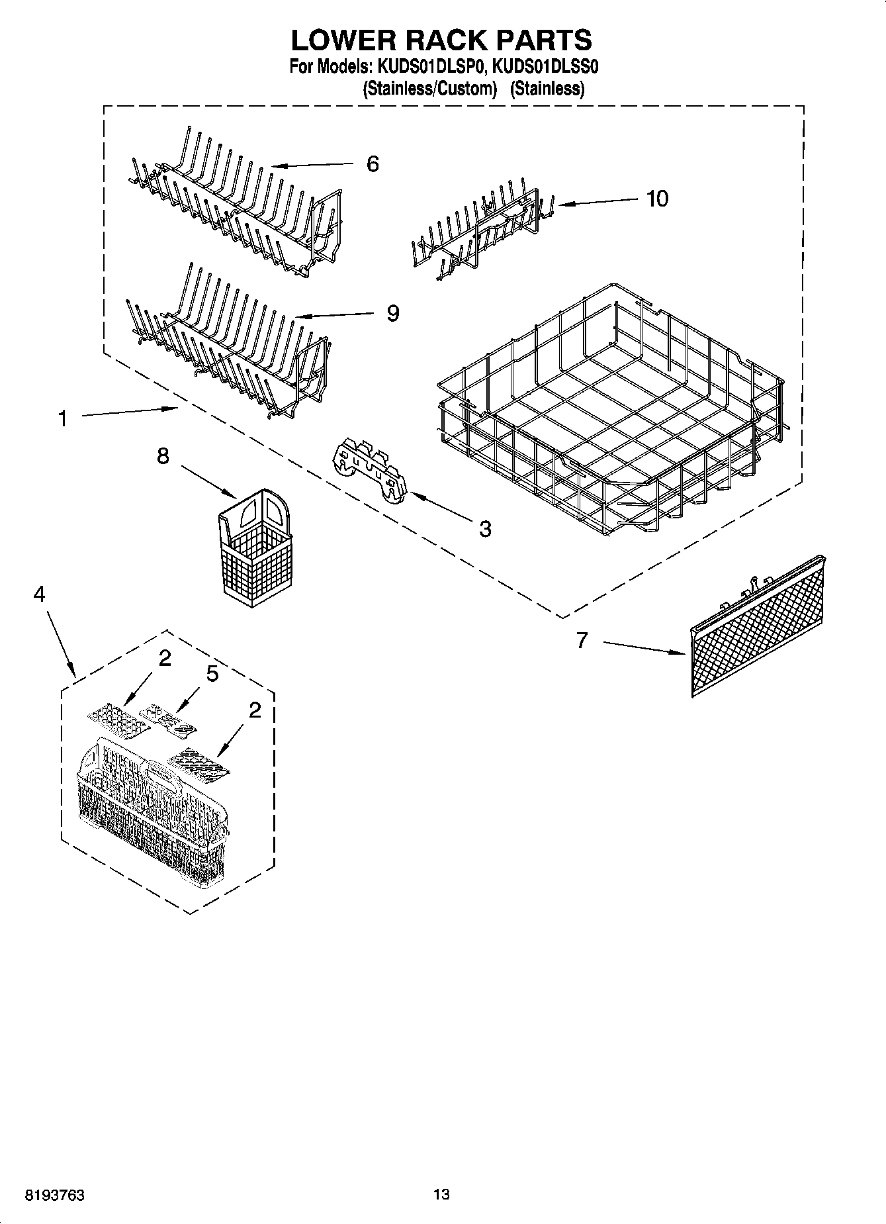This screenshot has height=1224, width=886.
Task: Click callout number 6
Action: pyautogui.click(x=373, y=164)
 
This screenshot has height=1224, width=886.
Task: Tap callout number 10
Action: pyautogui.click(x=657, y=198)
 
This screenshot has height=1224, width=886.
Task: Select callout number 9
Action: pyautogui.click(x=392, y=312)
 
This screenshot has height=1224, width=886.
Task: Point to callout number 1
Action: pyautogui.click(x=62, y=418)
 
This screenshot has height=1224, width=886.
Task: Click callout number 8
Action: pyautogui.click(x=163, y=456)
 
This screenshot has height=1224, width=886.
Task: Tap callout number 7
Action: pyautogui.click(x=582, y=640)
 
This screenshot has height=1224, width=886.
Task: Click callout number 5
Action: pyautogui.click(x=212, y=674)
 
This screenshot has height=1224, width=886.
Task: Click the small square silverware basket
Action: pyautogui.click(x=254, y=547)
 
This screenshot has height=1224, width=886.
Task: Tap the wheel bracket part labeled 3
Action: pyautogui.click(x=370, y=467)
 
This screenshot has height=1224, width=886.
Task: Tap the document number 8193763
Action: pyautogui.click(x=54, y=1194)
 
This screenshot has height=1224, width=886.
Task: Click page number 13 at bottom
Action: pyautogui.click(x=441, y=1194)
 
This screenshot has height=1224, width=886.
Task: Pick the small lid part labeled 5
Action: pyautogui.click(x=168, y=720)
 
